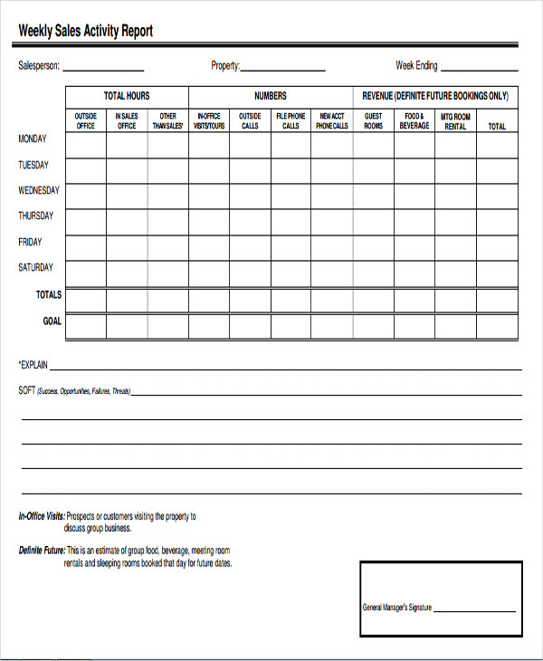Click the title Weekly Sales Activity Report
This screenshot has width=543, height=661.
point(86,31)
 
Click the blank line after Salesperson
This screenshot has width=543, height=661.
point(102,69)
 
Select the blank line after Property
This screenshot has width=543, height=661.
point(282,69)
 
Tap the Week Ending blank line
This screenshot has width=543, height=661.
point(479,69)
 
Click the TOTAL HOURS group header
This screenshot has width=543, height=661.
point(127,96)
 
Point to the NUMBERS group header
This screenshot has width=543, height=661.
point(270,96)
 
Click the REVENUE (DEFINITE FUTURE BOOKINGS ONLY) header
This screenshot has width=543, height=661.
point(435,96)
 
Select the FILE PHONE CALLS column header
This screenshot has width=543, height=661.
point(291,121)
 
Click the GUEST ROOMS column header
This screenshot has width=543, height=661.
point(373,121)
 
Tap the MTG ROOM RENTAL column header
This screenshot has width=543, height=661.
point(455,121)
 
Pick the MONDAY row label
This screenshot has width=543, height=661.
point(33,139)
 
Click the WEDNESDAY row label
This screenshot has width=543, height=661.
point(39,191)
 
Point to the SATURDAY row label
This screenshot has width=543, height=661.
point(36,268)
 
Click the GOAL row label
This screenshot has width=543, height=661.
point(52,321)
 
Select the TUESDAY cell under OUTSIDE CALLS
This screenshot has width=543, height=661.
point(249,170)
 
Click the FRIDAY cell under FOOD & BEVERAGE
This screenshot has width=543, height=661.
point(414,247)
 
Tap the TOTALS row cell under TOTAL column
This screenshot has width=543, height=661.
point(497,301)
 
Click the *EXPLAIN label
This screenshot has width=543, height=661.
point(33,366)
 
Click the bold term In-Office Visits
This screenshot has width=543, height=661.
point(41,517)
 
